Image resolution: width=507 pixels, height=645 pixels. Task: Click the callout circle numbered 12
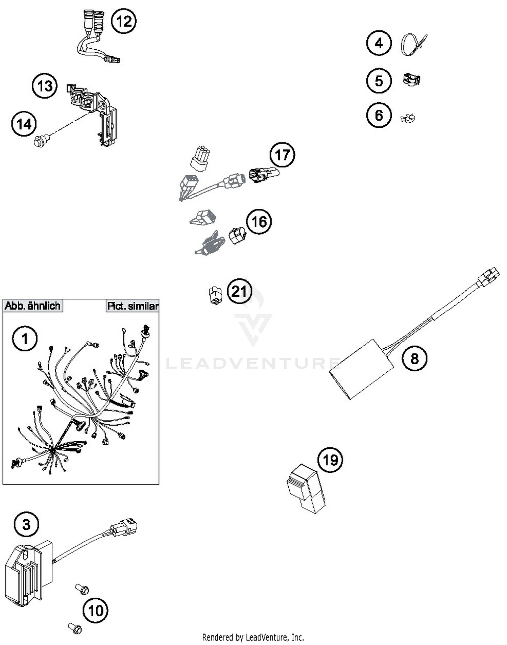[x=124, y=21]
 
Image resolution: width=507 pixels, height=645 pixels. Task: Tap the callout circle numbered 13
[x=45, y=86]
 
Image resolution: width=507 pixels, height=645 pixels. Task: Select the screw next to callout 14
[x=41, y=140]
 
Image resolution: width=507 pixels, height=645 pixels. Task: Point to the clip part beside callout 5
[x=411, y=80]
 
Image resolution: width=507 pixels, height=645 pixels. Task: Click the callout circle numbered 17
[x=282, y=155]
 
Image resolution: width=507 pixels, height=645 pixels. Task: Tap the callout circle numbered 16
[x=259, y=222]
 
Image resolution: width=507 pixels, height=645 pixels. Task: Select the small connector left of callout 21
[x=215, y=295]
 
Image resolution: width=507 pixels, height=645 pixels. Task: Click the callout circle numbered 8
[x=414, y=358]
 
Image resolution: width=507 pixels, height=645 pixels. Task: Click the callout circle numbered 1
[x=25, y=338]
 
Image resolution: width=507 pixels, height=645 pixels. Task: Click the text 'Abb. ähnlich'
[x=32, y=306]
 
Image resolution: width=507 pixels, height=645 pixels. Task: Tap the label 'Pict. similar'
[x=132, y=306]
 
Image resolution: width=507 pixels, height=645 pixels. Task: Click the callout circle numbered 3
[x=26, y=524]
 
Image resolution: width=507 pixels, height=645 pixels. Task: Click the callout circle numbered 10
[x=95, y=610]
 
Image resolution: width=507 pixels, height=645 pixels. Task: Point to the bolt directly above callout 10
[x=82, y=589]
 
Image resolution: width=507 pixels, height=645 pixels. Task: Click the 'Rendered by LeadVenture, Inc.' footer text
[x=253, y=637]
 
